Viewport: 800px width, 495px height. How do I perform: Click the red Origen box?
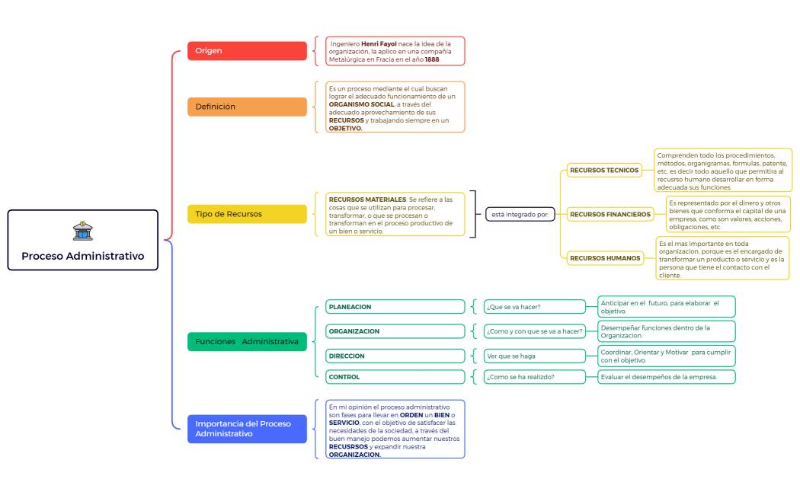pyautogui.click(x=247, y=51)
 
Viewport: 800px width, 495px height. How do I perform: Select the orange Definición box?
pyautogui.click(x=247, y=107)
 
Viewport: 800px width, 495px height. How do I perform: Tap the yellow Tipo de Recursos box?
pyautogui.click(x=247, y=214)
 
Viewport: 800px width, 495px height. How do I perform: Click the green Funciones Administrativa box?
pyautogui.click(x=247, y=342)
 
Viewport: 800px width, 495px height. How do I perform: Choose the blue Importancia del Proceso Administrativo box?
pyautogui.click(x=247, y=429)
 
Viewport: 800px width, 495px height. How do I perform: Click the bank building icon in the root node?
pyautogui.click(x=82, y=231)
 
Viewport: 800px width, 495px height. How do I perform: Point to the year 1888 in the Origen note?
pyautogui.click(x=432, y=59)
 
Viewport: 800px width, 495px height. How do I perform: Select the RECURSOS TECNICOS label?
pyautogui.click(x=604, y=171)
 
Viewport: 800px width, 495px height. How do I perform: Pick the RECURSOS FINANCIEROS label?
pyautogui.click(x=610, y=215)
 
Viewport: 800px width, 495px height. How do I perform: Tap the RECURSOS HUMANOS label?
pyautogui.click(x=605, y=258)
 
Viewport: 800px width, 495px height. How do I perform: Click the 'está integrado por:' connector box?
pyautogui.click(x=520, y=214)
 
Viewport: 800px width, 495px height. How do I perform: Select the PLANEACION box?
pyautogui.click(x=395, y=307)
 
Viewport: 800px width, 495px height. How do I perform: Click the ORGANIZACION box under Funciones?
pyautogui.click(x=395, y=331)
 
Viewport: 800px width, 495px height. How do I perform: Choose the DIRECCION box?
pyautogui.click(x=395, y=356)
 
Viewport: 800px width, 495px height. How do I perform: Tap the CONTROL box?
pyautogui.click(x=395, y=377)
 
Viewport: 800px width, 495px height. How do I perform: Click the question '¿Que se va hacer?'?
pyautogui.click(x=535, y=307)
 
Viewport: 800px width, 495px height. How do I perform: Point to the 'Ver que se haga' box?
pyautogui.click(x=535, y=356)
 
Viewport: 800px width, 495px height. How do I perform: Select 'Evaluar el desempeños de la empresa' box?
pyautogui.click(x=666, y=377)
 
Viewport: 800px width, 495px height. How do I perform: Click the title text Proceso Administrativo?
pyautogui.click(x=82, y=256)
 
